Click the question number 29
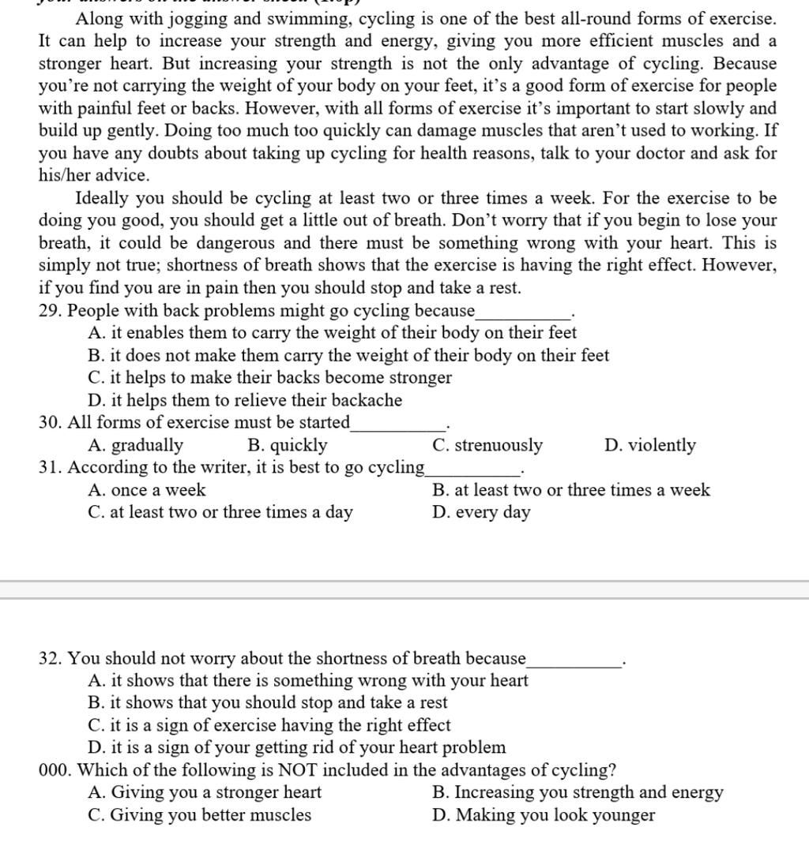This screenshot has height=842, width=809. tap(50, 311)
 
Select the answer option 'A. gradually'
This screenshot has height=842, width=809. tap(136, 446)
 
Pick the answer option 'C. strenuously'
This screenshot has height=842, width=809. tap(487, 446)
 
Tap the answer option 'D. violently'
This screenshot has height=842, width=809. tap(650, 446)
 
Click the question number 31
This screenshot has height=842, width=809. tap(50, 468)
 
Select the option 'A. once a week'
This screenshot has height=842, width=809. tap(147, 490)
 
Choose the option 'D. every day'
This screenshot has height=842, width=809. tap(481, 512)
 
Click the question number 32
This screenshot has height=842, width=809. tap(50, 659)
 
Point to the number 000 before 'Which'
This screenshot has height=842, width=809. tap(55, 770)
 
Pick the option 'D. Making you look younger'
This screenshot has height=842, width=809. tap(544, 815)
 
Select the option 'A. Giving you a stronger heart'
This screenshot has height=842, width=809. tap(205, 792)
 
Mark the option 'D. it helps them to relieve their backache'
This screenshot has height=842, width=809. tap(246, 401)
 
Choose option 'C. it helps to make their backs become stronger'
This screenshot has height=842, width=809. tap(270, 378)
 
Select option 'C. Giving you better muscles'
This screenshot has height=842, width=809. tap(200, 815)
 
